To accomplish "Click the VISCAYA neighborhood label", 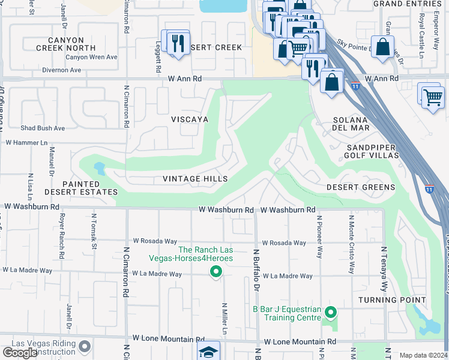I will [x=189, y=119].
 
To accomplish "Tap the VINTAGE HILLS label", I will [x=195, y=179].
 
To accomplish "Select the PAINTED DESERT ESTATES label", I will [x=81, y=187].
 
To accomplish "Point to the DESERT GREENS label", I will [x=361, y=187].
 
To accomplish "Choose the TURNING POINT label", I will [x=393, y=300].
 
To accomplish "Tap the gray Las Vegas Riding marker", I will [x=85, y=346].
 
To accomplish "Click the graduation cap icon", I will [x=208, y=352].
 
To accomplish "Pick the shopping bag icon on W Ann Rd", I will [x=331, y=82].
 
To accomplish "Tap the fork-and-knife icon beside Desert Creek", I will [x=178, y=44].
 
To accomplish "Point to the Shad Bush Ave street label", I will [x=43, y=128].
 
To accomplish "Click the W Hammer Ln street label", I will [x=26, y=143].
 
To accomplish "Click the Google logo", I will [x=20, y=353].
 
